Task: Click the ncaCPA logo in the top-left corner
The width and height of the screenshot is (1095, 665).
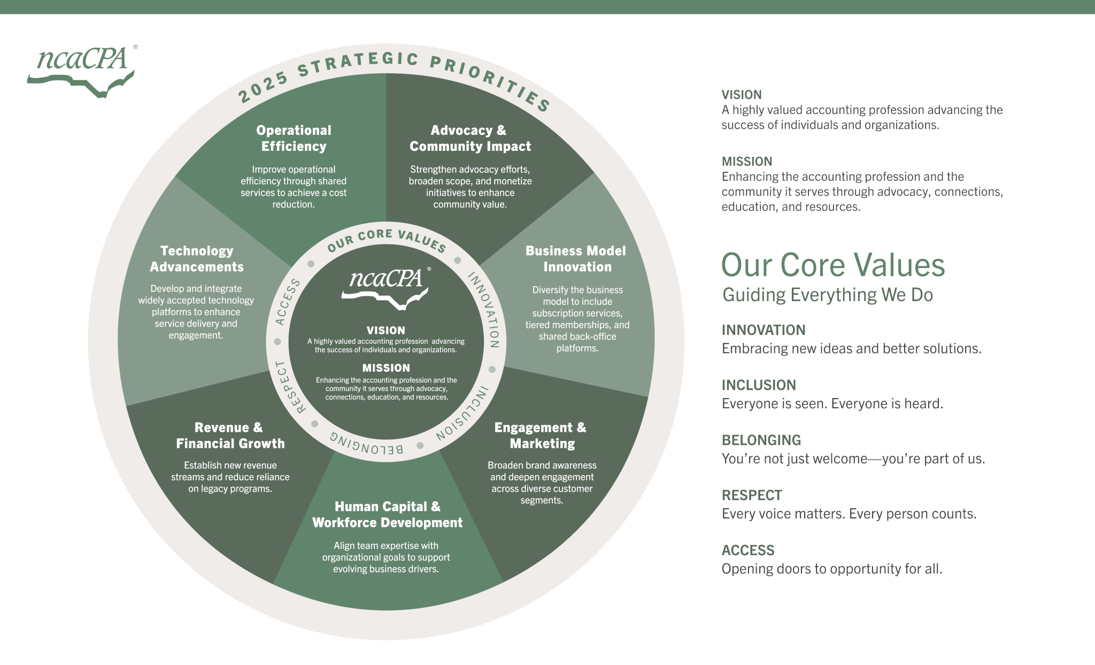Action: coord(82,70)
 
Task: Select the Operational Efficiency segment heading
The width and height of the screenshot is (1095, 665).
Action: coord(294,138)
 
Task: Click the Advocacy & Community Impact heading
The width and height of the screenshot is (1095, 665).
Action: coord(469,138)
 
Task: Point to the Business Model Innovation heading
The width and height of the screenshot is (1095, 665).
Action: coord(576,258)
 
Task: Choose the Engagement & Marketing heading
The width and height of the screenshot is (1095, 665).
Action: coord(541,435)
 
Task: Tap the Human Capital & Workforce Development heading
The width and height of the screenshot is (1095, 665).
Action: coord(387,514)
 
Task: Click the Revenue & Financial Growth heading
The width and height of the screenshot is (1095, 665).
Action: coord(230,435)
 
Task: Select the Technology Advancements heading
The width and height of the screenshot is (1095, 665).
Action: coord(197,258)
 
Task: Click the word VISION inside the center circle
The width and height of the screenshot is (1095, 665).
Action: coord(385,331)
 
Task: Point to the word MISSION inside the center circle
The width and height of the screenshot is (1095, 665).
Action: coord(386,368)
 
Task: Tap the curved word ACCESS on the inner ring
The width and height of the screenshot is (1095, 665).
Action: coord(288,302)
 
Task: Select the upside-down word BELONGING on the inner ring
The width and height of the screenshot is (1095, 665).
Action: coord(367,444)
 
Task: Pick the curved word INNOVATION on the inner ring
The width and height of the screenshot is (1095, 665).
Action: coord(484,310)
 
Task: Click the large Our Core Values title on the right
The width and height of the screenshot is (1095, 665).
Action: coord(833,265)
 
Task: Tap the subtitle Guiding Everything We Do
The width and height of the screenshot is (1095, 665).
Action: coord(827,295)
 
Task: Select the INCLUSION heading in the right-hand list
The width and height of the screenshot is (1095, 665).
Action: coord(759,385)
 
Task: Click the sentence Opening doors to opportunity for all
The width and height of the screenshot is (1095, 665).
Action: coord(831,569)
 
